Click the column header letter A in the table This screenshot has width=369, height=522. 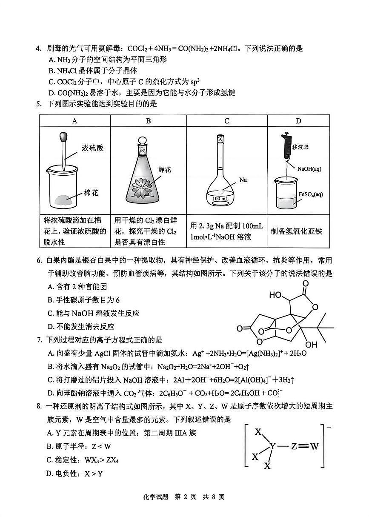tap(74, 121)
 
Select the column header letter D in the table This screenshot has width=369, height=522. tap(298, 121)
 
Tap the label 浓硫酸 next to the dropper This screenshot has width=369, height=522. tap(92, 148)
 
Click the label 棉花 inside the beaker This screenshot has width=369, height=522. tap(91, 193)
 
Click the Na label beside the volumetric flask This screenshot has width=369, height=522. tap(243, 180)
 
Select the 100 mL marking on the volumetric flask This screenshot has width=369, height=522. tap(220, 199)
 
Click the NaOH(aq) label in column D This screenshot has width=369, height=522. tap(309, 169)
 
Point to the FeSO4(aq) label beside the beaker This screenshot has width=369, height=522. tap(311, 194)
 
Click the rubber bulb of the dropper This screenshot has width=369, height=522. tap(64, 137)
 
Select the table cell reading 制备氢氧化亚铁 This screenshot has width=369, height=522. tap(297, 231)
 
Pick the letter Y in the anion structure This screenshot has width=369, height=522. tap(272, 446)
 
